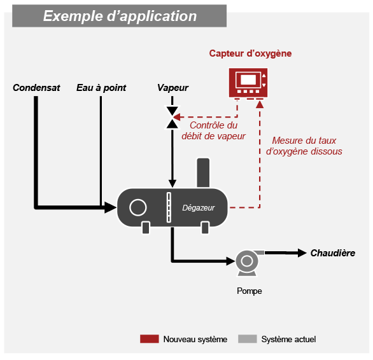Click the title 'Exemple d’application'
120,16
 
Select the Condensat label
36,88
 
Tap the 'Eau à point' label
101,88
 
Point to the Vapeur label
172,88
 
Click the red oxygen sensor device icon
248,83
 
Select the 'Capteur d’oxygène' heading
250,53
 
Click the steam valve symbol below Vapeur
172,118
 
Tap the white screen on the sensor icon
248,80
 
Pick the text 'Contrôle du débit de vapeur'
213,131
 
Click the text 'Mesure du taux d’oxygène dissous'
304,146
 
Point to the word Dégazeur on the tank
199,208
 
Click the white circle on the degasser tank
138,207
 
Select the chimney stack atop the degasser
203,173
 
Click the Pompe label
250,291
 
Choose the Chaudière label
333,253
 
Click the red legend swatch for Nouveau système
150,339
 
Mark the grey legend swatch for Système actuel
248,339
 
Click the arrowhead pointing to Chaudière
302,253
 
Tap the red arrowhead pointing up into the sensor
260,104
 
